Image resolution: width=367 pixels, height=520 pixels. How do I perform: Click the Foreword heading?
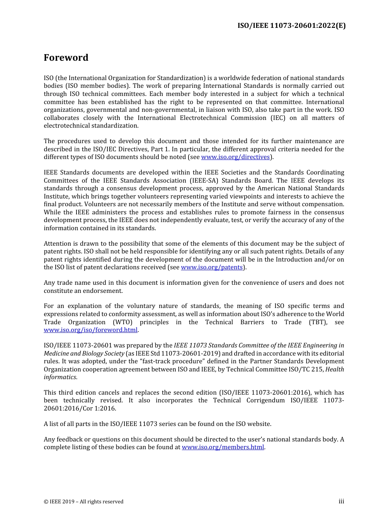[x=66, y=58]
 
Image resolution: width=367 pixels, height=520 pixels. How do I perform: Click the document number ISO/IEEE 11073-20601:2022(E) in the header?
[x=291, y=26]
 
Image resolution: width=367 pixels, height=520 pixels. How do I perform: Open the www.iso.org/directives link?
[x=235, y=157]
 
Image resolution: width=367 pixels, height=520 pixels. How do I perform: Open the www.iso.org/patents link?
[x=212, y=267]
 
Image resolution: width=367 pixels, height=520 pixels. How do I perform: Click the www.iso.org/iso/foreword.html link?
[x=90, y=330]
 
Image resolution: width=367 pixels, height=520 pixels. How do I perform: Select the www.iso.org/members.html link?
[x=223, y=447]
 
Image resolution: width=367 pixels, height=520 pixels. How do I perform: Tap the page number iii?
[x=341, y=501]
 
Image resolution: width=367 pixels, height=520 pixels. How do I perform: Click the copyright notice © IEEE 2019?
[x=83, y=502]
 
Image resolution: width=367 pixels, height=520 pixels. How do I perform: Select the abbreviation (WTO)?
[x=122, y=322]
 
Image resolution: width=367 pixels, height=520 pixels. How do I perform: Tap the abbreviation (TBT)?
[x=318, y=322]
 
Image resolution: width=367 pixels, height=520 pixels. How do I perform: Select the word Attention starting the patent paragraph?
[x=59, y=244]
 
